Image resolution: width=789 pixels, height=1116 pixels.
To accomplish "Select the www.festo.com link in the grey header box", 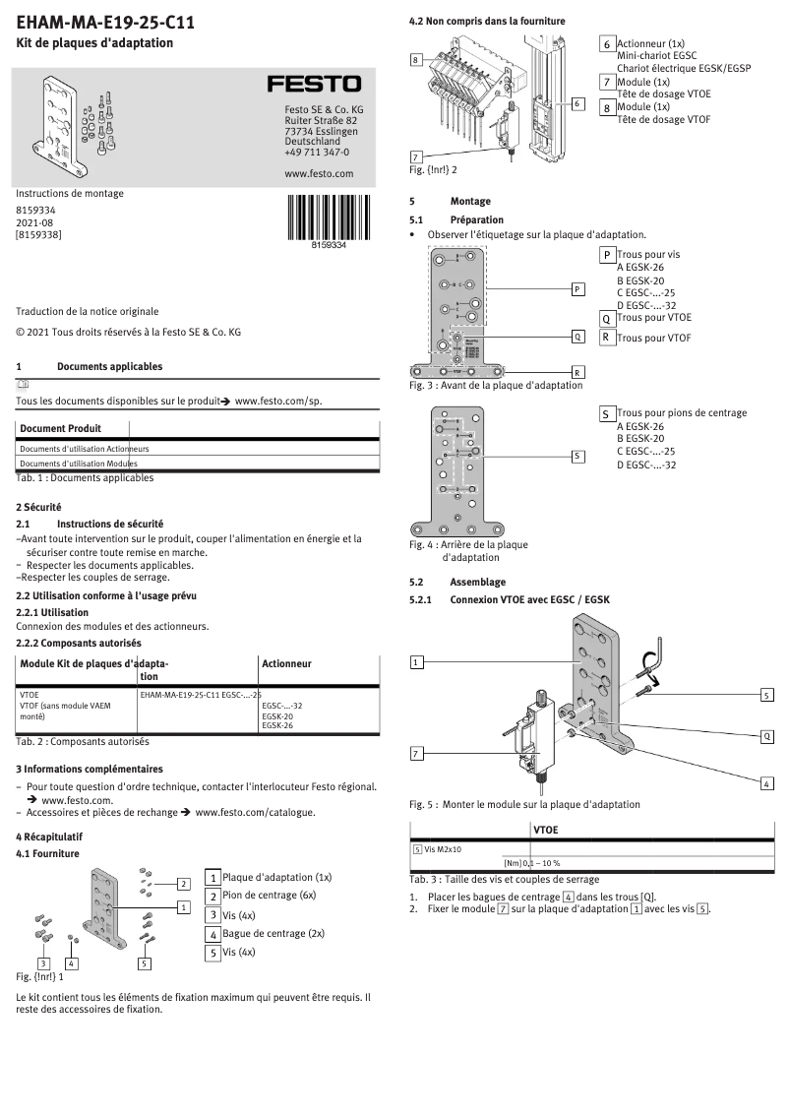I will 318,173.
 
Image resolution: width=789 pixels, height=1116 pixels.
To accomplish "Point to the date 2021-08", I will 36,222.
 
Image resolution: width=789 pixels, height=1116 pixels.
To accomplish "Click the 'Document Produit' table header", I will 60,428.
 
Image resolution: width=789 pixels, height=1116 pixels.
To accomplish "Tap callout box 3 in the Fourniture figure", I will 43,962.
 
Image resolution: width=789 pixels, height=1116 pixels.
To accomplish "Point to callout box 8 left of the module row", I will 417,60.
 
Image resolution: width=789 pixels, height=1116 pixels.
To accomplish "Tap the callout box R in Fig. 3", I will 577,372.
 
